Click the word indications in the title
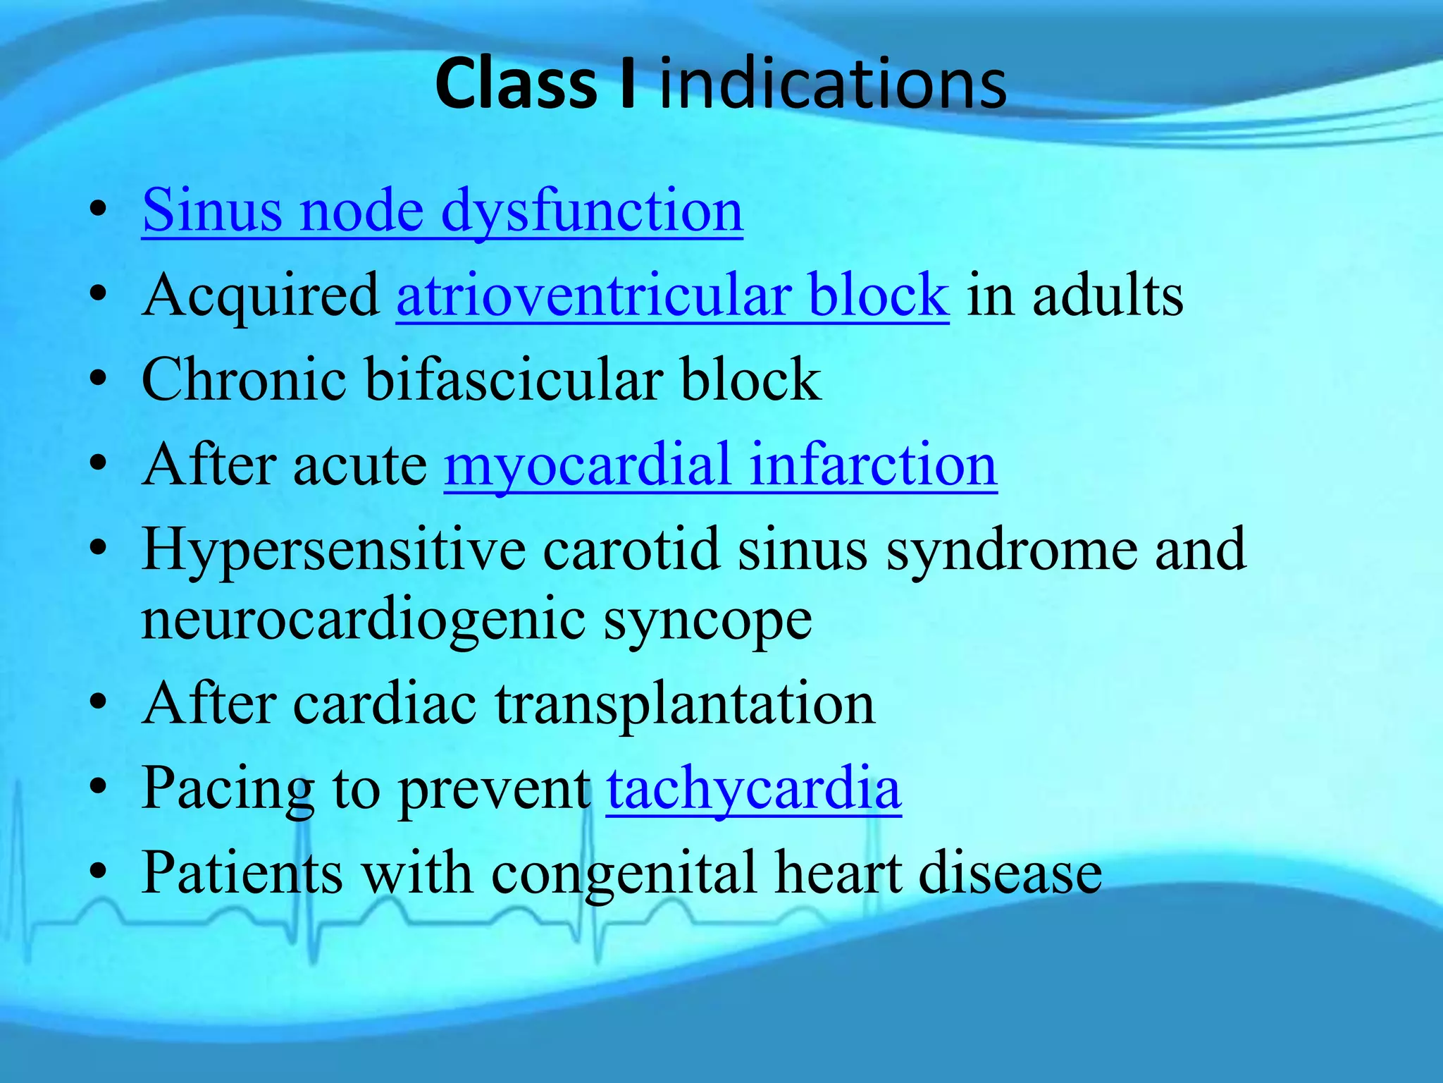pyautogui.click(x=833, y=85)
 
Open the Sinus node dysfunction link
pyautogui.click(x=442, y=211)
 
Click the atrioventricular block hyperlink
pyautogui.click(x=672, y=295)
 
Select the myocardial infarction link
pyautogui.click(x=720, y=465)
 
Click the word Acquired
pyautogui.click(x=261, y=297)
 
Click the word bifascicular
pyautogui.click(x=514, y=380)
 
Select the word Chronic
pyautogui.click(x=244, y=380)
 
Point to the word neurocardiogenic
pyautogui.click(x=364, y=620)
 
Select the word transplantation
pyautogui.click(x=684, y=705)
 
